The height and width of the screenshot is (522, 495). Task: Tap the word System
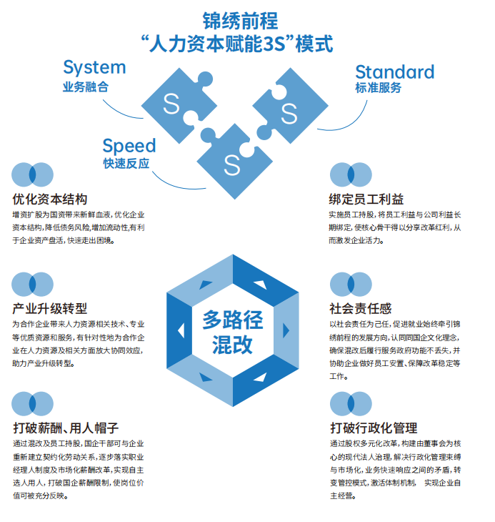coord(94,68)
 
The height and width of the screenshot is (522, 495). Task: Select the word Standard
coord(394,72)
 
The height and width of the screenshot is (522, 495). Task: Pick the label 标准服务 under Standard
coord(378,89)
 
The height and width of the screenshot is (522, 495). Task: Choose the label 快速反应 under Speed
coord(126,164)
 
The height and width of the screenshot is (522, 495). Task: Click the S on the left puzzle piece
coord(171,104)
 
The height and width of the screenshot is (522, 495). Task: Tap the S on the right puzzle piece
coord(289,112)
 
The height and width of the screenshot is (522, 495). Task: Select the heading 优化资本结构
coord(50,199)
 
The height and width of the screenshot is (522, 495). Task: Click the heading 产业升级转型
coord(50,309)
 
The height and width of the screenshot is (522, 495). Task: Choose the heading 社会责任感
coord(360,309)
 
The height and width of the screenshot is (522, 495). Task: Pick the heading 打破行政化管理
coord(374,428)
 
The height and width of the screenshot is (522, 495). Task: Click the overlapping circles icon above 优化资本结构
coord(33,174)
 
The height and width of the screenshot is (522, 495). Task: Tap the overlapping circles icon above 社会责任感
coord(351,285)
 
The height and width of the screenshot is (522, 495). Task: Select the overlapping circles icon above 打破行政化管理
coord(351,404)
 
